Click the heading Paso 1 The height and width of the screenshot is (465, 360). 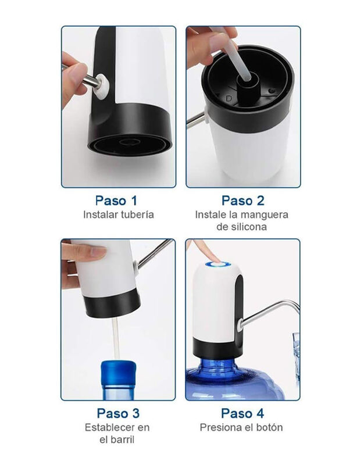tap(116, 201)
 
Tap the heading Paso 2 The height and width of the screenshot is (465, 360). tap(243, 201)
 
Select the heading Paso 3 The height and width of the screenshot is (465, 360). tap(118, 413)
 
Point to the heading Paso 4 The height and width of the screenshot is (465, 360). tap(242, 413)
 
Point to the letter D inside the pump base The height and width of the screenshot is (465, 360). tap(229, 98)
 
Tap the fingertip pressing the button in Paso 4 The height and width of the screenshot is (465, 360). tap(213, 256)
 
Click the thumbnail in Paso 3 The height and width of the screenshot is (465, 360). tap(97, 252)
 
